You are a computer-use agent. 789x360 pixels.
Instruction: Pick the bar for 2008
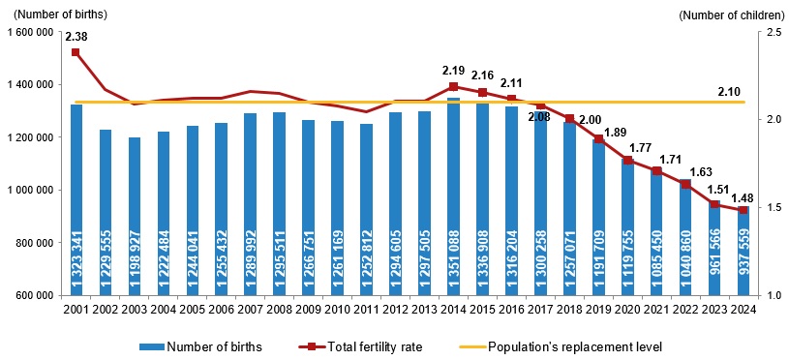(x=279, y=203)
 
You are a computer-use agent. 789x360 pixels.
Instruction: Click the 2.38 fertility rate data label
(x=76, y=37)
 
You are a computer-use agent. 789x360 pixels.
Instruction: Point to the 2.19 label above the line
(x=454, y=71)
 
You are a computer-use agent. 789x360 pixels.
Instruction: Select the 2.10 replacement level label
(x=729, y=91)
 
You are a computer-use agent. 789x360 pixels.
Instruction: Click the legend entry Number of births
(x=198, y=346)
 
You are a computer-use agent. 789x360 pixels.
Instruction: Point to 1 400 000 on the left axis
(x=32, y=85)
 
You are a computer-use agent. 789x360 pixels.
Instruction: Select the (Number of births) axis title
(x=55, y=15)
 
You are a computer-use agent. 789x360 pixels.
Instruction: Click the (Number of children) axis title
(x=730, y=15)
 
